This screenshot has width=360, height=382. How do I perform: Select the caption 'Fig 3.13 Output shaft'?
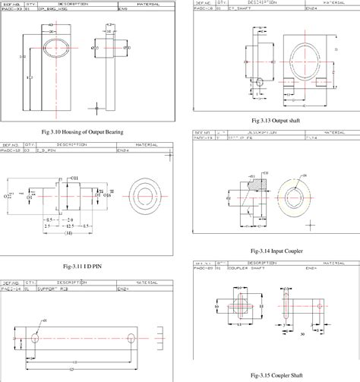click(x=275, y=121)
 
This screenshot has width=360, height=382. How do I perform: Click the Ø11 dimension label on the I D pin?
click(x=74, y=178)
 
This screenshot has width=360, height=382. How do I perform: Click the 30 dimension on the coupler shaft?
click(x=302, y=333)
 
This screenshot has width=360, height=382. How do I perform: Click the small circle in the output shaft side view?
click(x=260, y=80)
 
